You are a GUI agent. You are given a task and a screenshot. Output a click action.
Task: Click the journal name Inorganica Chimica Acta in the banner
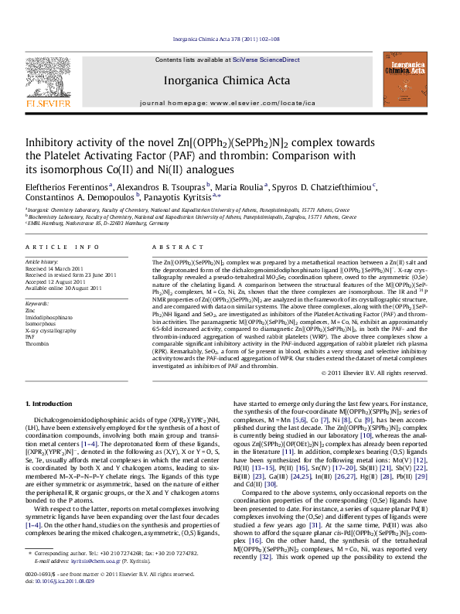227,80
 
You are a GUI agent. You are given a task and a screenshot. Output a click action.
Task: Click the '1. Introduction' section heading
51,404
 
